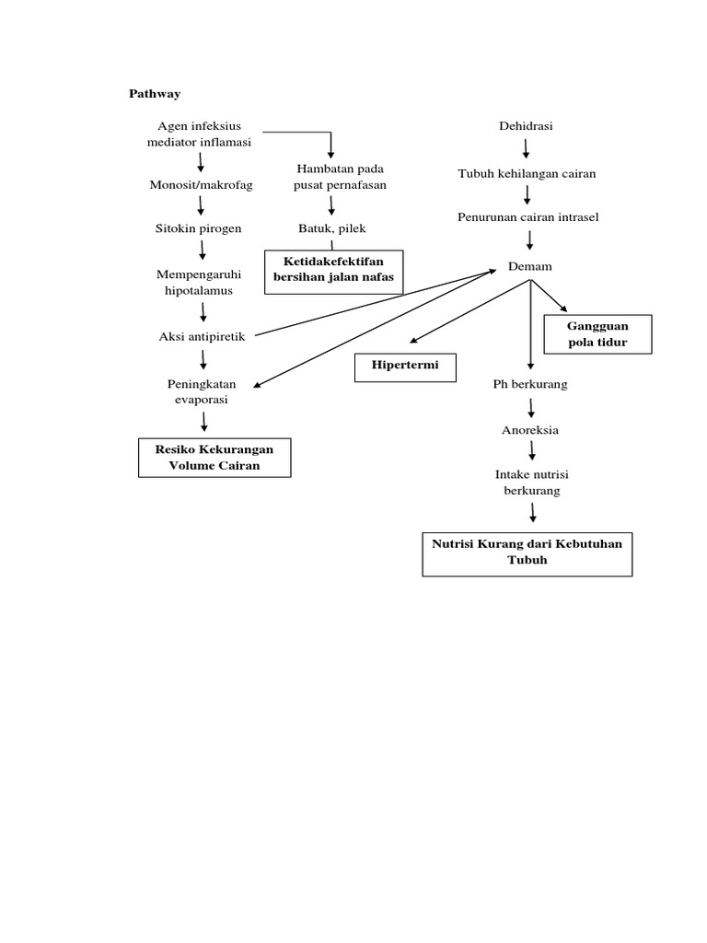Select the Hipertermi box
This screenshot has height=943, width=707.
(405, 366)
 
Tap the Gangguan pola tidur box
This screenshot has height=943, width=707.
(597, 334)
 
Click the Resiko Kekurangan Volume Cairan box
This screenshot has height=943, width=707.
(214, 458)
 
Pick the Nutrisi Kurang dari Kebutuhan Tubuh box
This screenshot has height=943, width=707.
(527, 552)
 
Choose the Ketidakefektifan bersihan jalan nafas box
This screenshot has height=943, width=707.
(333, 271)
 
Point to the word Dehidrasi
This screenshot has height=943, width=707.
(527, 125)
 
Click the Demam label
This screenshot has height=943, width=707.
(530, 266)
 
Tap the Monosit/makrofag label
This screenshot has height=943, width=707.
(201, 185)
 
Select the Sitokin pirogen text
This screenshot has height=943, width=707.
(198, 228)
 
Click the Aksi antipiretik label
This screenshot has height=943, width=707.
(203, 336)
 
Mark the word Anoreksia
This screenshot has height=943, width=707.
(530, 430)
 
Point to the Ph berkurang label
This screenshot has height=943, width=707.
(530, 384)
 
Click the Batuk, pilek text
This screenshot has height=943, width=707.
(332, 228)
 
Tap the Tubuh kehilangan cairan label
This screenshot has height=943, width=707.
(527, 173)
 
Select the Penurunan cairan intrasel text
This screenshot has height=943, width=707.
(528, 217)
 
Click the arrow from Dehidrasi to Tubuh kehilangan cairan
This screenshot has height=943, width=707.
(527, 148)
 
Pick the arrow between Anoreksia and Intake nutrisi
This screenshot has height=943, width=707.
(531, 451)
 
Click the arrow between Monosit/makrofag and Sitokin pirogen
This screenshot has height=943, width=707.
(201, 206)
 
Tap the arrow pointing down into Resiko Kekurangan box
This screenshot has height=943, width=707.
(203, 422)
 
